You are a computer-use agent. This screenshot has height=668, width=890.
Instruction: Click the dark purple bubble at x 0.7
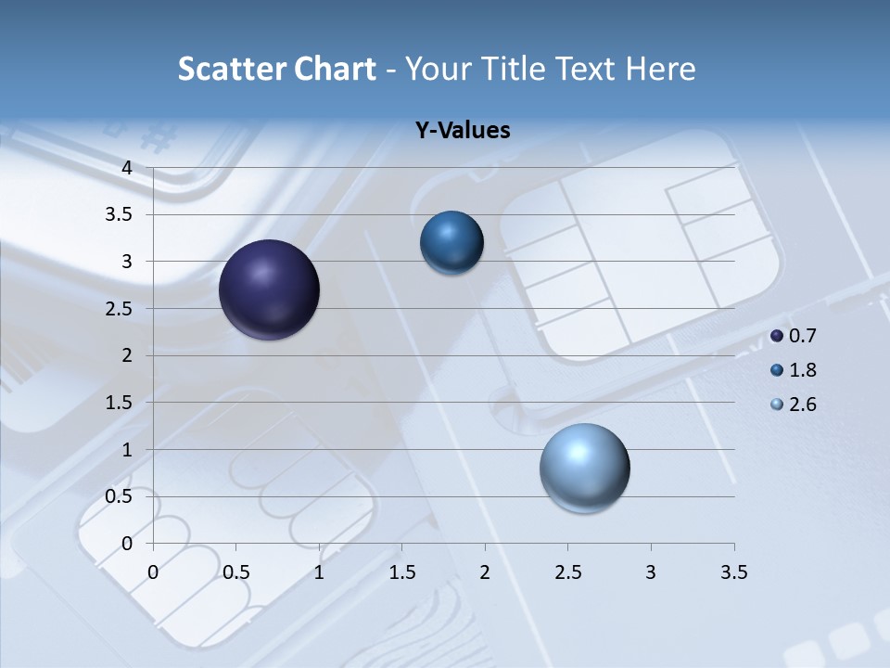click(270, 289)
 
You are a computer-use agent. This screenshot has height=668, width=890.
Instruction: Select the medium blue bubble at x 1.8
click(451, 242)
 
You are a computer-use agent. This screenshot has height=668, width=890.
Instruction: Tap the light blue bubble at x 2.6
click(584, 468)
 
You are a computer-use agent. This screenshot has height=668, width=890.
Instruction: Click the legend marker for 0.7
click(777, 336)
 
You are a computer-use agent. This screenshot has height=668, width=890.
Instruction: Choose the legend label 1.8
click(802, 370)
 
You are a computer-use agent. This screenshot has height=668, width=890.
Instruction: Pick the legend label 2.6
click(802, 405)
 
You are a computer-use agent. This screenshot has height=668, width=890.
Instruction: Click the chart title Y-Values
click(463, 131)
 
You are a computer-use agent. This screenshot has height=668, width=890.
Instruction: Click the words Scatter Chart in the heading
click(276, 69)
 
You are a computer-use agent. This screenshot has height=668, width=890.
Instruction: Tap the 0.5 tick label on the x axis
click(235, 572)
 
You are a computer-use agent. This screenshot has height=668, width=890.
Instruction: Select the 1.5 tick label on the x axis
click(401, 572)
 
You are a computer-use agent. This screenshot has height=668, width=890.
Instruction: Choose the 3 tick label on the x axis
click(651, 572)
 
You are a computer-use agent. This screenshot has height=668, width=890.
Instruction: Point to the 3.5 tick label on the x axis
click(733, 572)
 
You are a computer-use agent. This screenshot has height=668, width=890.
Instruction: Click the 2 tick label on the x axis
click(485, 572)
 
